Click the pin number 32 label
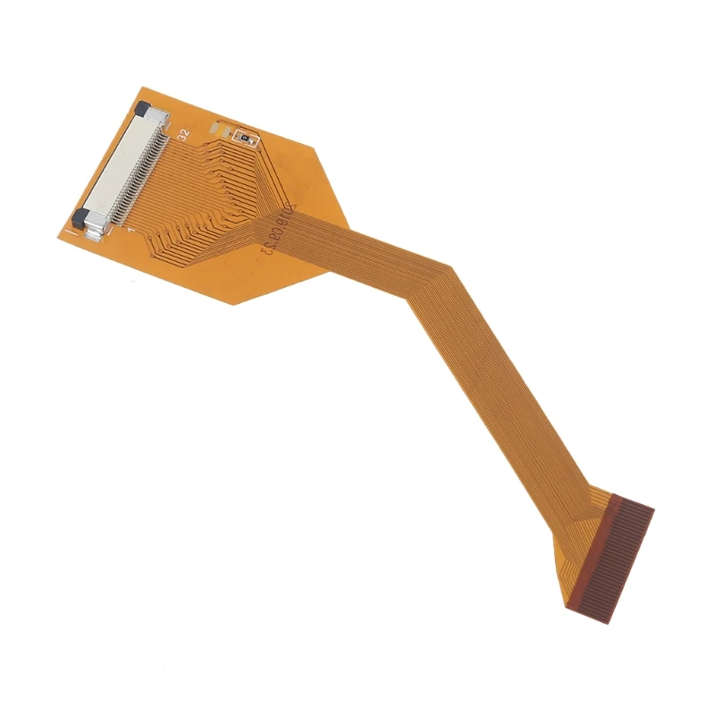click(183, 134)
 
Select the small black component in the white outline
click(242, 137)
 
